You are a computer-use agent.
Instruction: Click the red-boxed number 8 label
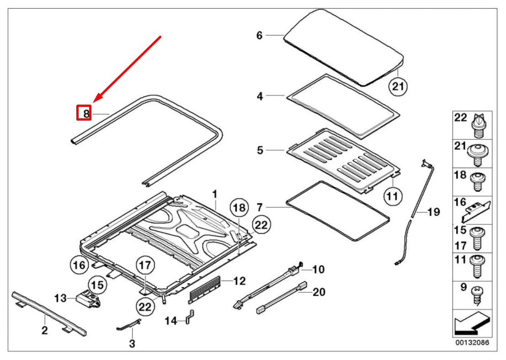click(x=84, y=112)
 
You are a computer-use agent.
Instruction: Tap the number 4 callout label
click(x=260, y=96)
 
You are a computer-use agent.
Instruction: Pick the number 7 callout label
click(x=260, y=207)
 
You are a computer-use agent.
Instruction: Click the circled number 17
click(x=145, y=265)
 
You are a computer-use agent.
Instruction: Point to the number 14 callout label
click(x=170, y=321)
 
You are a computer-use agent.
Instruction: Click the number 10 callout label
click(x=318, y=270)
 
